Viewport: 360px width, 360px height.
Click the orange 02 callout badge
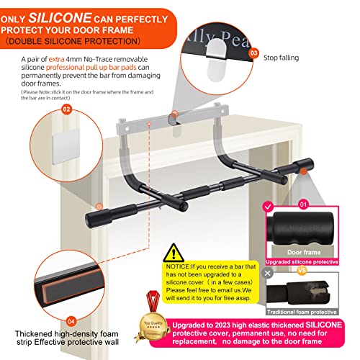pos(66,109)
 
